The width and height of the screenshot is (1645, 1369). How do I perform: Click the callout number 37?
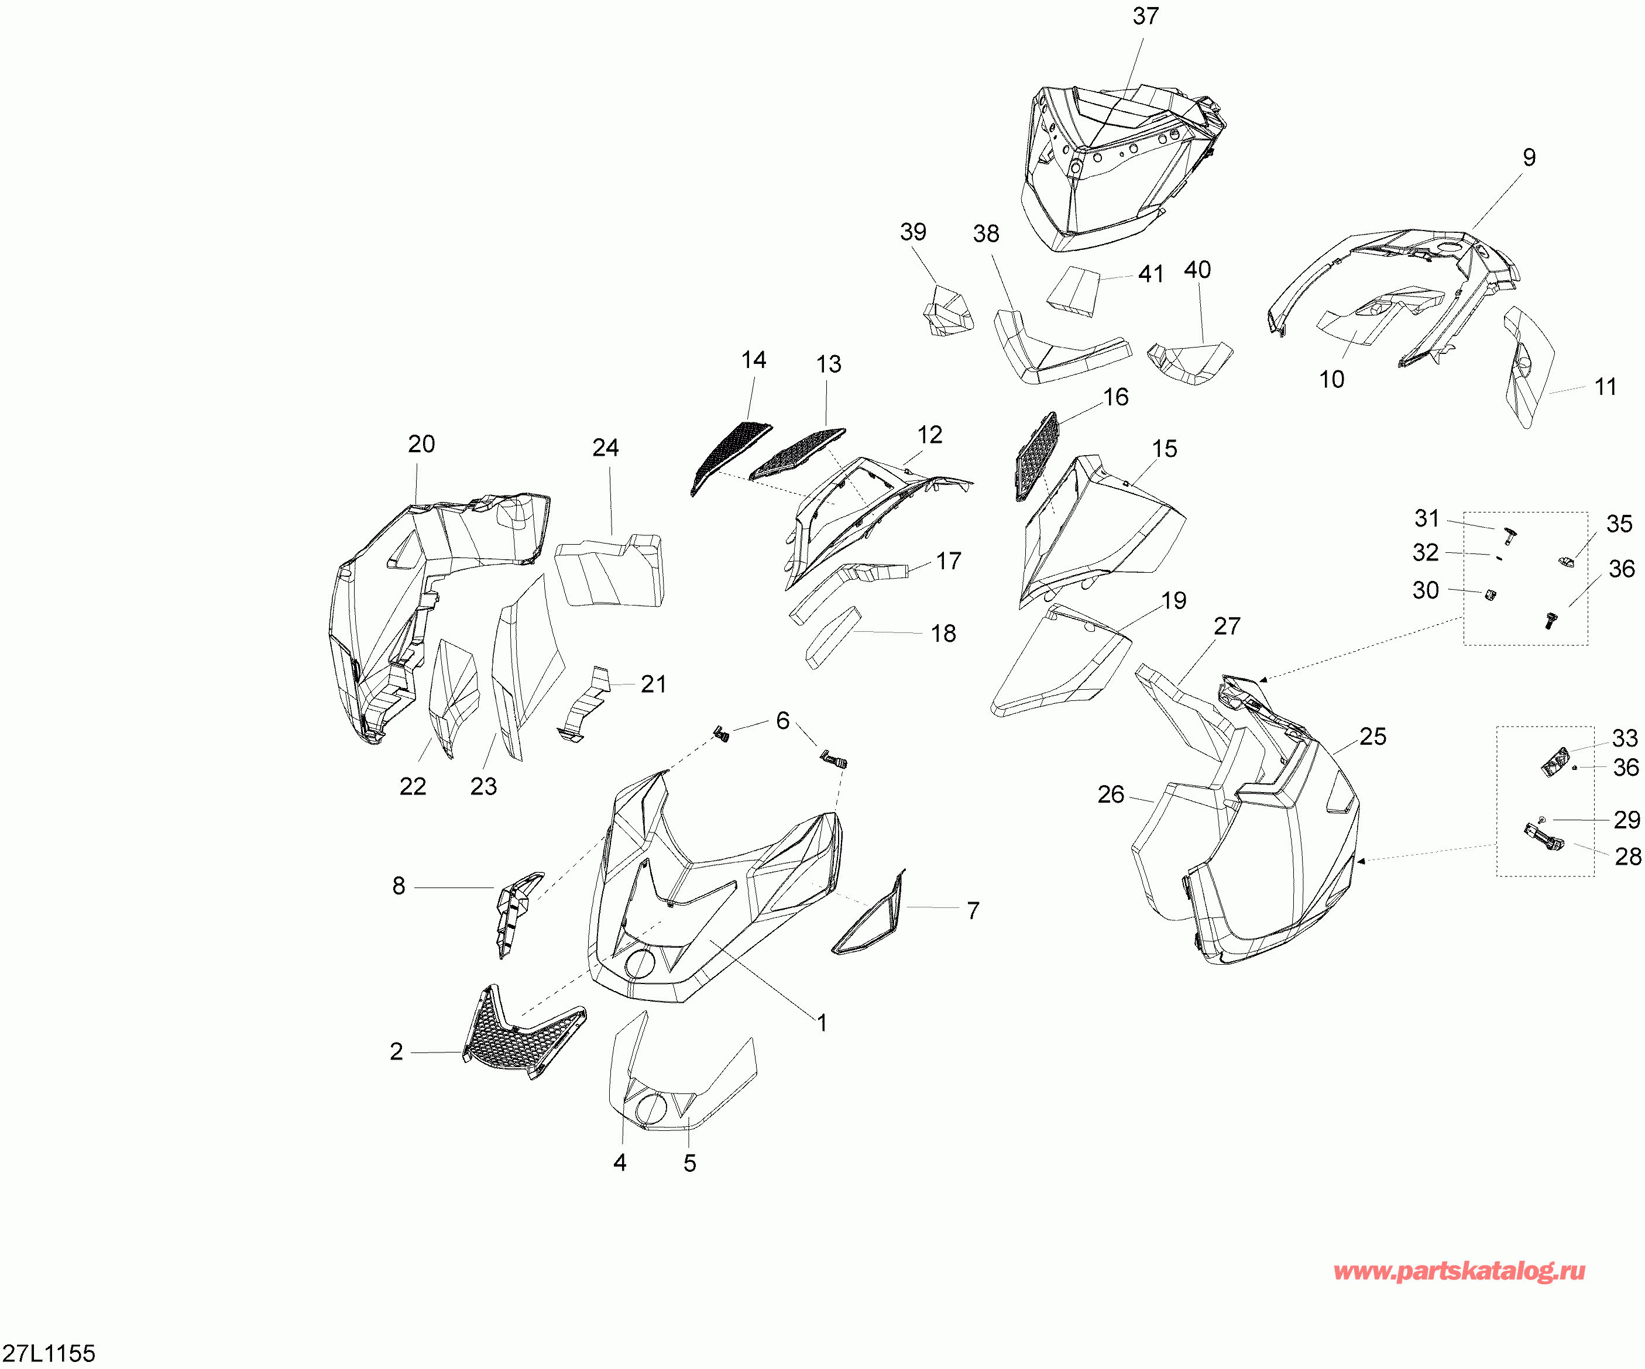pos(1145,16)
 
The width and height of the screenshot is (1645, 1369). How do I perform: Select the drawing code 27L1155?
pos(49,1353)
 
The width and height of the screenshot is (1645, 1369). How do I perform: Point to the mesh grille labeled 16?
pos(1036,456)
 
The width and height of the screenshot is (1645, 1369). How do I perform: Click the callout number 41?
pos(1151,274)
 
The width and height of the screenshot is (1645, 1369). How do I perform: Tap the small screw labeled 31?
pos(1508,536)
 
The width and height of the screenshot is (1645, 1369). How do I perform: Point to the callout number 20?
pos(421,444)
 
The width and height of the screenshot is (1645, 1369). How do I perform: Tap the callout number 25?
pos(1372,736)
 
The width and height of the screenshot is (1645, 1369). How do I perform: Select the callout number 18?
pos(943,634)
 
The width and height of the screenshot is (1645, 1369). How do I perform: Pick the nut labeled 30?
pos(1491,594)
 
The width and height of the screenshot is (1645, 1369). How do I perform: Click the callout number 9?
pos(1529,157)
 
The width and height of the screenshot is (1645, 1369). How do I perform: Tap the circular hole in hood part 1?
pos(640,964)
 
